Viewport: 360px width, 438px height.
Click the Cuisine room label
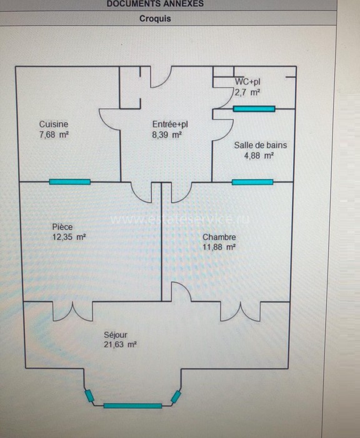coord(54,124)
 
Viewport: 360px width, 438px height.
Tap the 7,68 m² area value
coord(54,135)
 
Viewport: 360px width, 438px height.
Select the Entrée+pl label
coord(170,125)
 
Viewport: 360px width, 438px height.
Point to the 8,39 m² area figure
coord(167,135)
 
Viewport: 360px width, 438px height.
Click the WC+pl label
coord(247,82)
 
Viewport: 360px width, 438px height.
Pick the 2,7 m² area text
coord(247,92)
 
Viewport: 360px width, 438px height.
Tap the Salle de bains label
coord(261,145)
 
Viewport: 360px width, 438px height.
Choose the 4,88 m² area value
coord(259,156)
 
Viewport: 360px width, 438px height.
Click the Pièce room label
coord(62,227)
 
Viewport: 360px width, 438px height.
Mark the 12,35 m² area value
coord(69,237)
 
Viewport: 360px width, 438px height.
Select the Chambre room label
coord(219,237)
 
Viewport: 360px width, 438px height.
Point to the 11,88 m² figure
coord(219,247)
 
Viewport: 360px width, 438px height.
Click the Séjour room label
coord(116,335)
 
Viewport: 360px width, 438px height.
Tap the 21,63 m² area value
coord(120,344)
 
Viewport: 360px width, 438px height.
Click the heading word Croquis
coord(155,18)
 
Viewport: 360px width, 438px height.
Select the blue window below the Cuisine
coord(70,182)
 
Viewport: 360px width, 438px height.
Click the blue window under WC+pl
coord(254,109)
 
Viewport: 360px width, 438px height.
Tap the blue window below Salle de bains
coord(252,182)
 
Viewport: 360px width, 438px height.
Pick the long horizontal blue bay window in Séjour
coord(132,406)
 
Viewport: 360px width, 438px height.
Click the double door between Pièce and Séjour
coord(72,311)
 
